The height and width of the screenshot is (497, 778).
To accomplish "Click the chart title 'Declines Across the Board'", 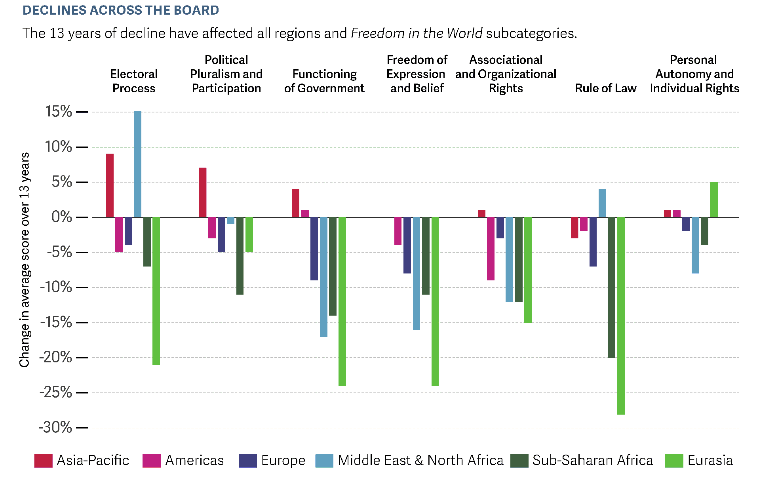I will pos(121,10).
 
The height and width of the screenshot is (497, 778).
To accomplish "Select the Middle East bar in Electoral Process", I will pos(137,164).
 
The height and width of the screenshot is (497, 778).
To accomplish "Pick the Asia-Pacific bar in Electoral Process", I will pos(110,185).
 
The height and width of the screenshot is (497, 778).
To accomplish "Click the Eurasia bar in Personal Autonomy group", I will pos(714,200).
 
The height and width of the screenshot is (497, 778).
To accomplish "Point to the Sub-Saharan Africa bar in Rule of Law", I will pos(612,288).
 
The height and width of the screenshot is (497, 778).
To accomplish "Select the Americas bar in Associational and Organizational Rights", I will pos(491,249).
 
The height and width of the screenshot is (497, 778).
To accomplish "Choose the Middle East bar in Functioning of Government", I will pos(323,277).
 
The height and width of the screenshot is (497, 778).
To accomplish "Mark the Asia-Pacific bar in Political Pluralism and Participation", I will pos(203,192).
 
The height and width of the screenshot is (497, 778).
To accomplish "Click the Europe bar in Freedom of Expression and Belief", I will pos(407,245).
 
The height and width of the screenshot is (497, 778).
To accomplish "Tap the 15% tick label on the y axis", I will pos(59,112).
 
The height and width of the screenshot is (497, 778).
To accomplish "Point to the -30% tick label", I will pos(55,428).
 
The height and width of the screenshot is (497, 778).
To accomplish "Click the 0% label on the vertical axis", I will pos(62,217).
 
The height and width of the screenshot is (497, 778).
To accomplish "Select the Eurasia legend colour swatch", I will pos(674,461).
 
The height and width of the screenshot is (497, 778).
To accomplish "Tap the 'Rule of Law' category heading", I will pos(605,88).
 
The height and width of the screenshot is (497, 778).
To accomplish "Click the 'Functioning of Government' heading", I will pos(324,81).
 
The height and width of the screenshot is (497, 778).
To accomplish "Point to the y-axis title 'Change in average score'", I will pos(25,259).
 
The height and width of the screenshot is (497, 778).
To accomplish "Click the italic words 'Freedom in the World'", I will pos(417,33).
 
